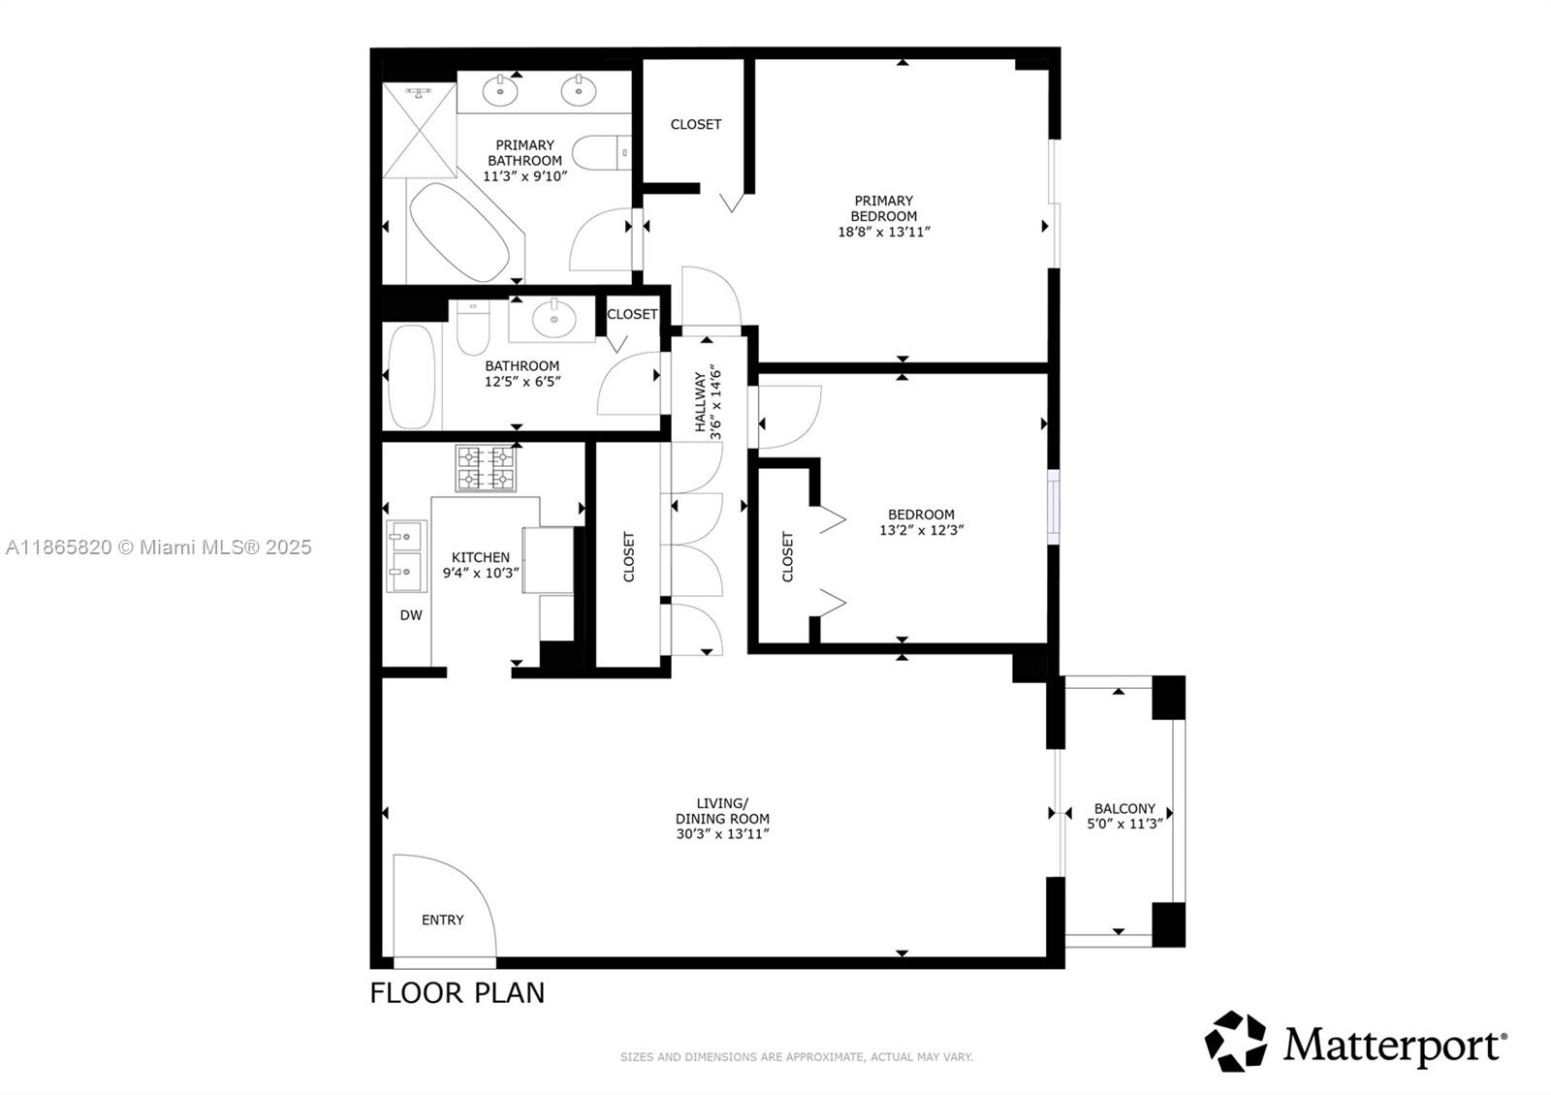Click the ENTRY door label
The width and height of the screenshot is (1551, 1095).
(x=442, y=920)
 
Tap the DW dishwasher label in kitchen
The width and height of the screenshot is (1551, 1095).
(x=411, y=615)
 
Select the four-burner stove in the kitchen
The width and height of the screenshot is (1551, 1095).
(x=486, y=467)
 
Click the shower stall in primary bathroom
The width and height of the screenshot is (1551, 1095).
(x=419, y=131)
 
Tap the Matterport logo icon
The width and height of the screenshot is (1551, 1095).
(x=1236, y=1042)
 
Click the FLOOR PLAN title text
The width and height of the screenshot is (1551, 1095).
(x=457, y=993)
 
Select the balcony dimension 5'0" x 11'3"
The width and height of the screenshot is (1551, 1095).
(x=1124, y=824)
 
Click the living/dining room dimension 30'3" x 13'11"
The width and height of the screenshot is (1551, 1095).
(x=722, y=833)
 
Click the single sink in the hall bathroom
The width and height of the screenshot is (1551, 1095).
(x=554, y=318)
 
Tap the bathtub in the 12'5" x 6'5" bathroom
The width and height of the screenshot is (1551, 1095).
(x=412, y=376)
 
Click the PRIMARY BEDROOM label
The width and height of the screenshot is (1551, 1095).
(x=883, y=208)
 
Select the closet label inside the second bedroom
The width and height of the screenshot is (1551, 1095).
(x=787, y=556)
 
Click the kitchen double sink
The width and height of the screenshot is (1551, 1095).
(x=406, y=556)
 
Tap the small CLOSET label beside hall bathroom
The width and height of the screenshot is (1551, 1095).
(x=632, y=314)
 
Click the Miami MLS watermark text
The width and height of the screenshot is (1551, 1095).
(x=159, y=547)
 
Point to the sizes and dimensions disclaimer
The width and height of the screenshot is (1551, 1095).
(x=796, y=1057)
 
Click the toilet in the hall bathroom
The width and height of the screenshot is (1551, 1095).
(x=474, y=329)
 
